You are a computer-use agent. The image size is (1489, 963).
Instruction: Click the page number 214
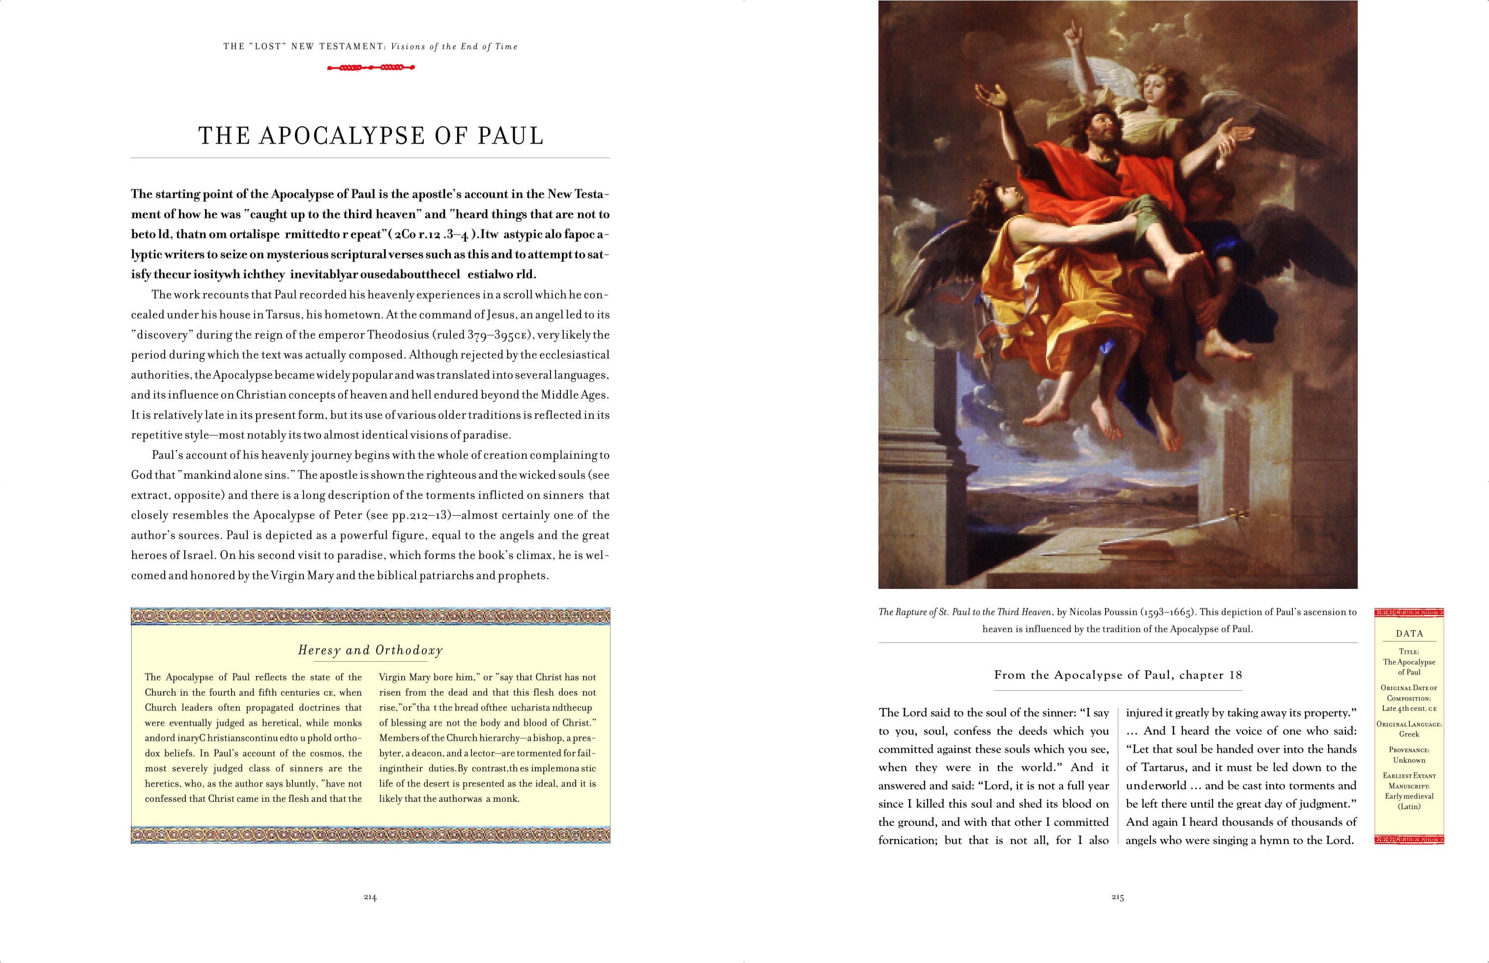click(370, 897)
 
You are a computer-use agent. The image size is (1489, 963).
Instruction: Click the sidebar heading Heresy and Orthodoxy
click(370, 650)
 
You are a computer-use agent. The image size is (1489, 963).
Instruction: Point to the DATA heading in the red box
click(1409, 634)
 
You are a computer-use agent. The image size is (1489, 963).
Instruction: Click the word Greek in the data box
click(1409, 734)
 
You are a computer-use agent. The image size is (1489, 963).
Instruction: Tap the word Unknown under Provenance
click(1409, 760)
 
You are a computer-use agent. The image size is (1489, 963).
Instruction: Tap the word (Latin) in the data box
click(1409, 807)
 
